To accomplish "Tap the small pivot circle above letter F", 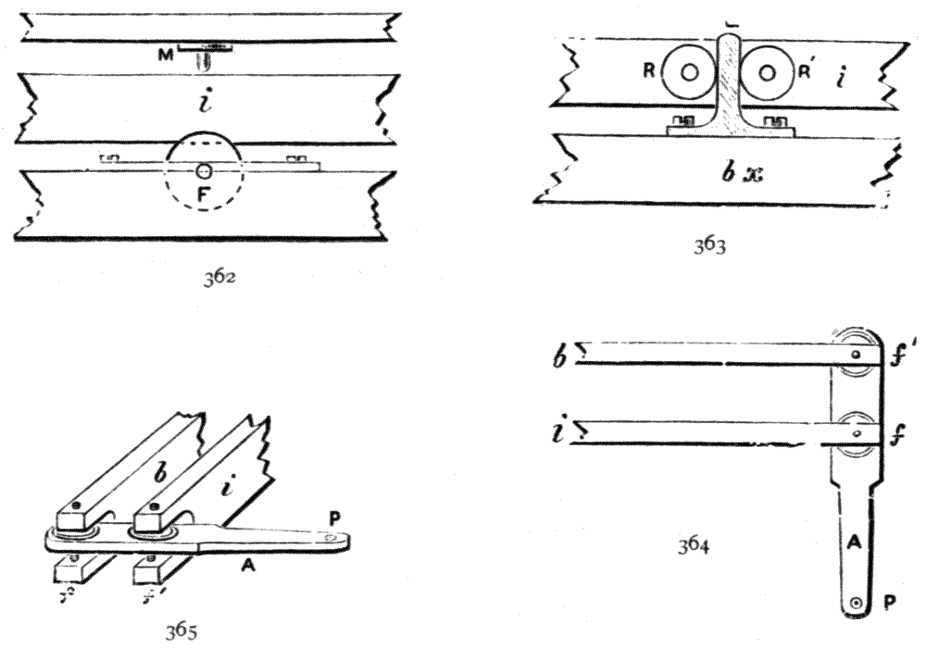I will coord(204,171).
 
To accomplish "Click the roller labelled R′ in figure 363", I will coord(768,71).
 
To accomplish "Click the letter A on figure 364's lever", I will coord(857,547).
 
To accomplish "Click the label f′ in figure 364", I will coord(898,353).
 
